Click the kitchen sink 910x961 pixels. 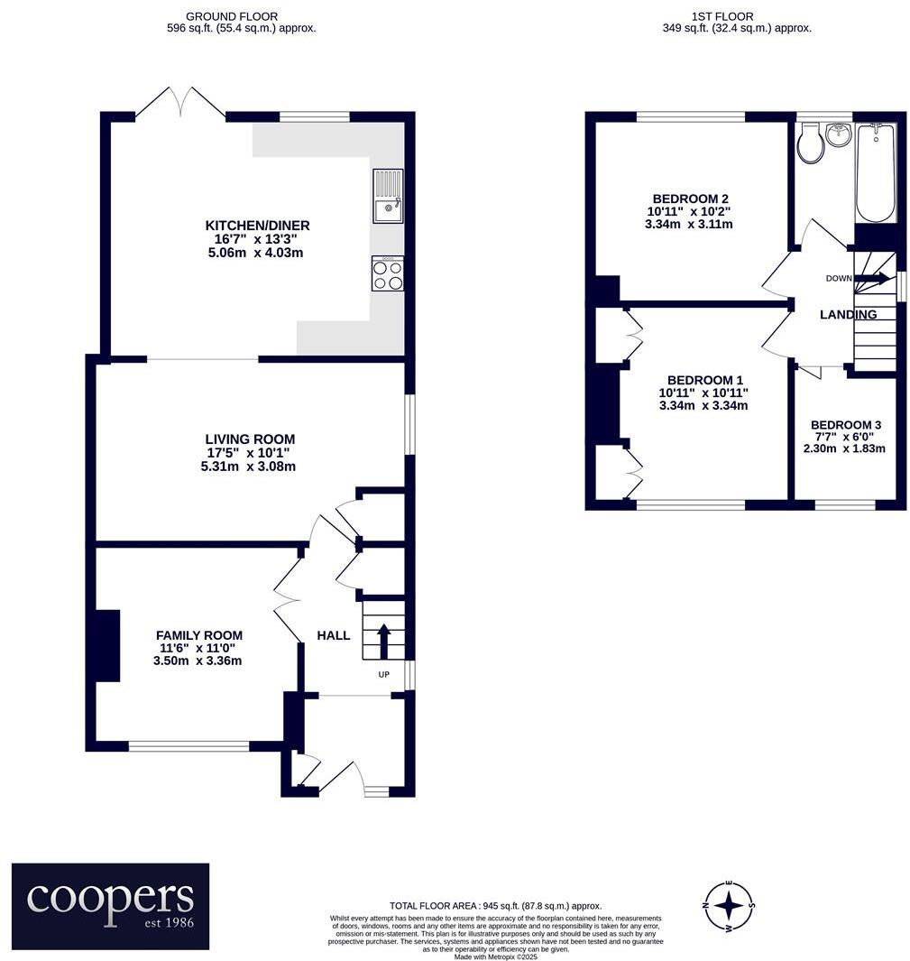click(x=387, y=198)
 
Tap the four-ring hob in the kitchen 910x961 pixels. click(x=388, y=273)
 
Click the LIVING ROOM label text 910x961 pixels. click(x=250, y=439)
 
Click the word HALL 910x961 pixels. click(x=333, y=635)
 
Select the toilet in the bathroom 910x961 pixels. click(x=811, y=143)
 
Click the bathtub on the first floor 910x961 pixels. click(x=875, y=172)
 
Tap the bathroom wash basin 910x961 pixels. click(x=839, y=135)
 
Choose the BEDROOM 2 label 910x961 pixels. click(x=690, y=199)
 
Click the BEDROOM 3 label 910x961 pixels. click(x=846, y=425)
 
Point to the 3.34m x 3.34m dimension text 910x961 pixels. click(x=703, y=406)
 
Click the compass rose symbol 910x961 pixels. click(x=730, y=905)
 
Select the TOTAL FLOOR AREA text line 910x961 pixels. click(x=495, y=905)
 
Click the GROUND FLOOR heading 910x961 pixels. click(x=232, y=16)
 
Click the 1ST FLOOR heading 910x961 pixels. click(x=722, y=16)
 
